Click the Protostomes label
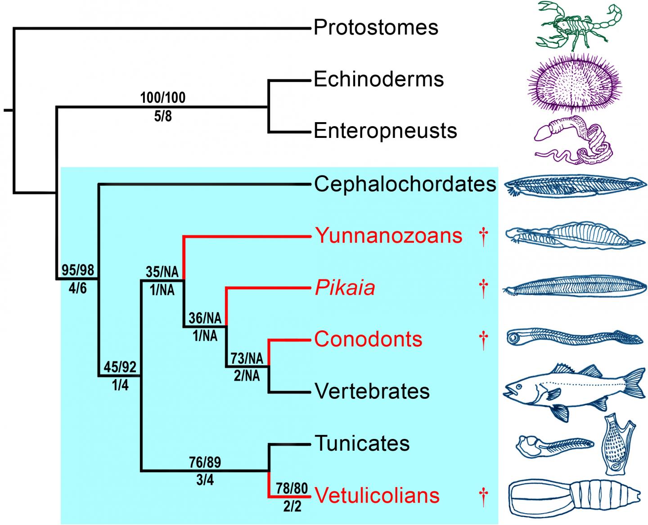coord(376,27)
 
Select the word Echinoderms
coord(378,79)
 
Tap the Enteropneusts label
coord(385,131)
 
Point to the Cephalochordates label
coord(405,184)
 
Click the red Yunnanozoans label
coord(389,235)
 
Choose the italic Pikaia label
coord(345,288)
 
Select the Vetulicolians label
coord(377,495)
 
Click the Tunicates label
coord(362,443)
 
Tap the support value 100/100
coord(163,97)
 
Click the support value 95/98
coord(78,270)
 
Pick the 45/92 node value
coord(120,367)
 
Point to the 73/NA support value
coord(247,358)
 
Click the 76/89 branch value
coord(205,462)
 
